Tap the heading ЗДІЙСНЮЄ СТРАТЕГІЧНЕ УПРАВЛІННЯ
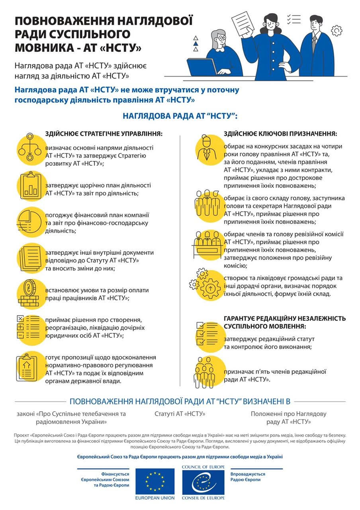[x=104, y=133]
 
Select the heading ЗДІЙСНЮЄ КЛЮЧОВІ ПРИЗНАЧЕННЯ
[x=280, y=133]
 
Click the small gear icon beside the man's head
[x=337, y=30]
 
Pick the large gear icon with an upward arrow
[x=210, y=286]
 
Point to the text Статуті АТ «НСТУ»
[x=180, y=414]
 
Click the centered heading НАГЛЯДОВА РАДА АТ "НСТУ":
[x=180, y=116]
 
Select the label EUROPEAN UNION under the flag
[x=155, y=498]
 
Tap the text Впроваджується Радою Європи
[x=248, y=477]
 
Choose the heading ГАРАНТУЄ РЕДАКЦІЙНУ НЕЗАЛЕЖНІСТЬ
[x=284, y=319]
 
